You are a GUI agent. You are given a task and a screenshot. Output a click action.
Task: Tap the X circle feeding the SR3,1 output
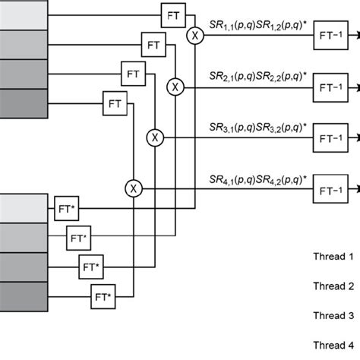pyautogui.click(x=155, y=137)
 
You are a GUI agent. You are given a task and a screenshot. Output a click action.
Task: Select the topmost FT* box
pyautogui.click(x=65, y=206)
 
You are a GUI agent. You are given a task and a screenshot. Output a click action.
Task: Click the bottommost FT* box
pyautogui.click(x=102, y=294)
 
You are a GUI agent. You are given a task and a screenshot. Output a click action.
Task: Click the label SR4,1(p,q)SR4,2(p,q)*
pyautogui.click(x=256, y=180)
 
